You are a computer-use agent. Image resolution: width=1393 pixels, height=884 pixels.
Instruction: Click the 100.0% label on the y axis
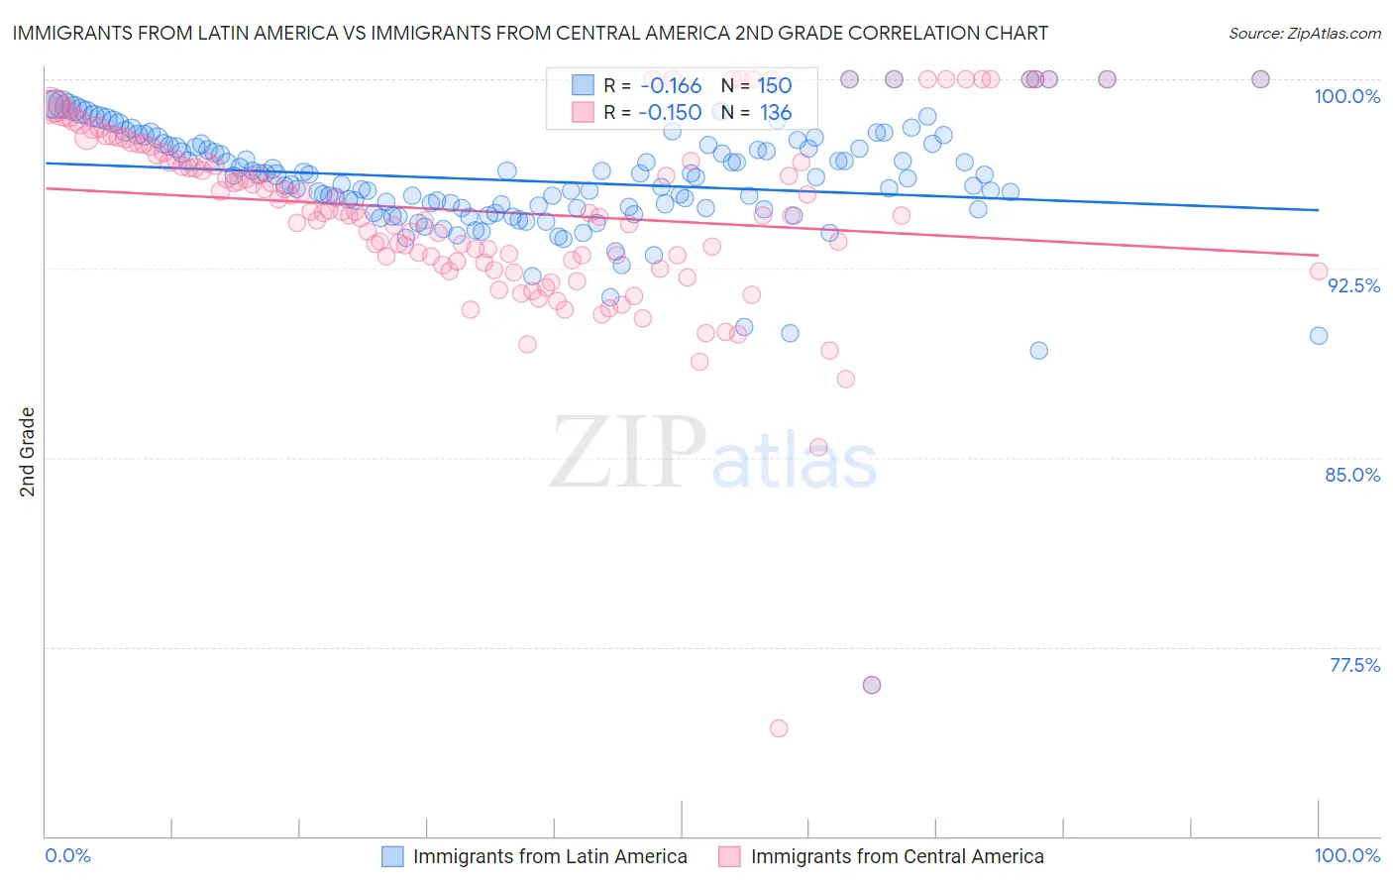click(x=1346, y=96)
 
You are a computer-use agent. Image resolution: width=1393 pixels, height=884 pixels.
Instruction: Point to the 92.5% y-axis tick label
click(x=1353, y=285)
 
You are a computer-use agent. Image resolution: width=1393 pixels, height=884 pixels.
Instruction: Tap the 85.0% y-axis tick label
click(x=1352, y=475)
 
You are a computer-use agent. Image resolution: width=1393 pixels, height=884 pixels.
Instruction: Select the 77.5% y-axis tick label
click(x=1354, y=665)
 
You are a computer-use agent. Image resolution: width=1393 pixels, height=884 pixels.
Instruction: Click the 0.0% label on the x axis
click(x=68, y=856)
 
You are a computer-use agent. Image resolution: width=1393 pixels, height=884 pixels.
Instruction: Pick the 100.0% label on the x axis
click(x=1346, y=856)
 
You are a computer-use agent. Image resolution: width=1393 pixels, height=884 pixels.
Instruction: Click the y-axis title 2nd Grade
click(x=28, y=452)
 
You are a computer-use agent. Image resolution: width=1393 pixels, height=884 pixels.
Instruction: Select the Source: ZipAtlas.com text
click(x=1304, y=33)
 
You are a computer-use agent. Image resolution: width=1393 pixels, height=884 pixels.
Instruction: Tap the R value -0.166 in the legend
click(x=670, y=86)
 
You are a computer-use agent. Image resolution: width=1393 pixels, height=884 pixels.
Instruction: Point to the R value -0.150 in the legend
click(x=670, y=113)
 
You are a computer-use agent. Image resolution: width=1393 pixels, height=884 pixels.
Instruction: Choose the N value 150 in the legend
click(x=775, y=86)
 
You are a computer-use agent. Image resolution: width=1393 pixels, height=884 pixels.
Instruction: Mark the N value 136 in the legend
click(x=776, y=113)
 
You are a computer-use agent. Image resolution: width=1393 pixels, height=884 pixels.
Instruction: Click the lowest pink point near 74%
click(x=779, y=728)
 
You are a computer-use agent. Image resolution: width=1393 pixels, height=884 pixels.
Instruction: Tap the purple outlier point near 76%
click(x=872, y=685)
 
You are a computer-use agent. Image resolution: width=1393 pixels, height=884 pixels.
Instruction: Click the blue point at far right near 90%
click(x=1319, y=336)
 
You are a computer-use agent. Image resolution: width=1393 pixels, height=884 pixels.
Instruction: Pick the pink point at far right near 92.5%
click(x=1319, y=272)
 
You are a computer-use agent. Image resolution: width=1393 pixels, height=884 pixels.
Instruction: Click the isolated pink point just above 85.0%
click(x=818, y=447)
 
